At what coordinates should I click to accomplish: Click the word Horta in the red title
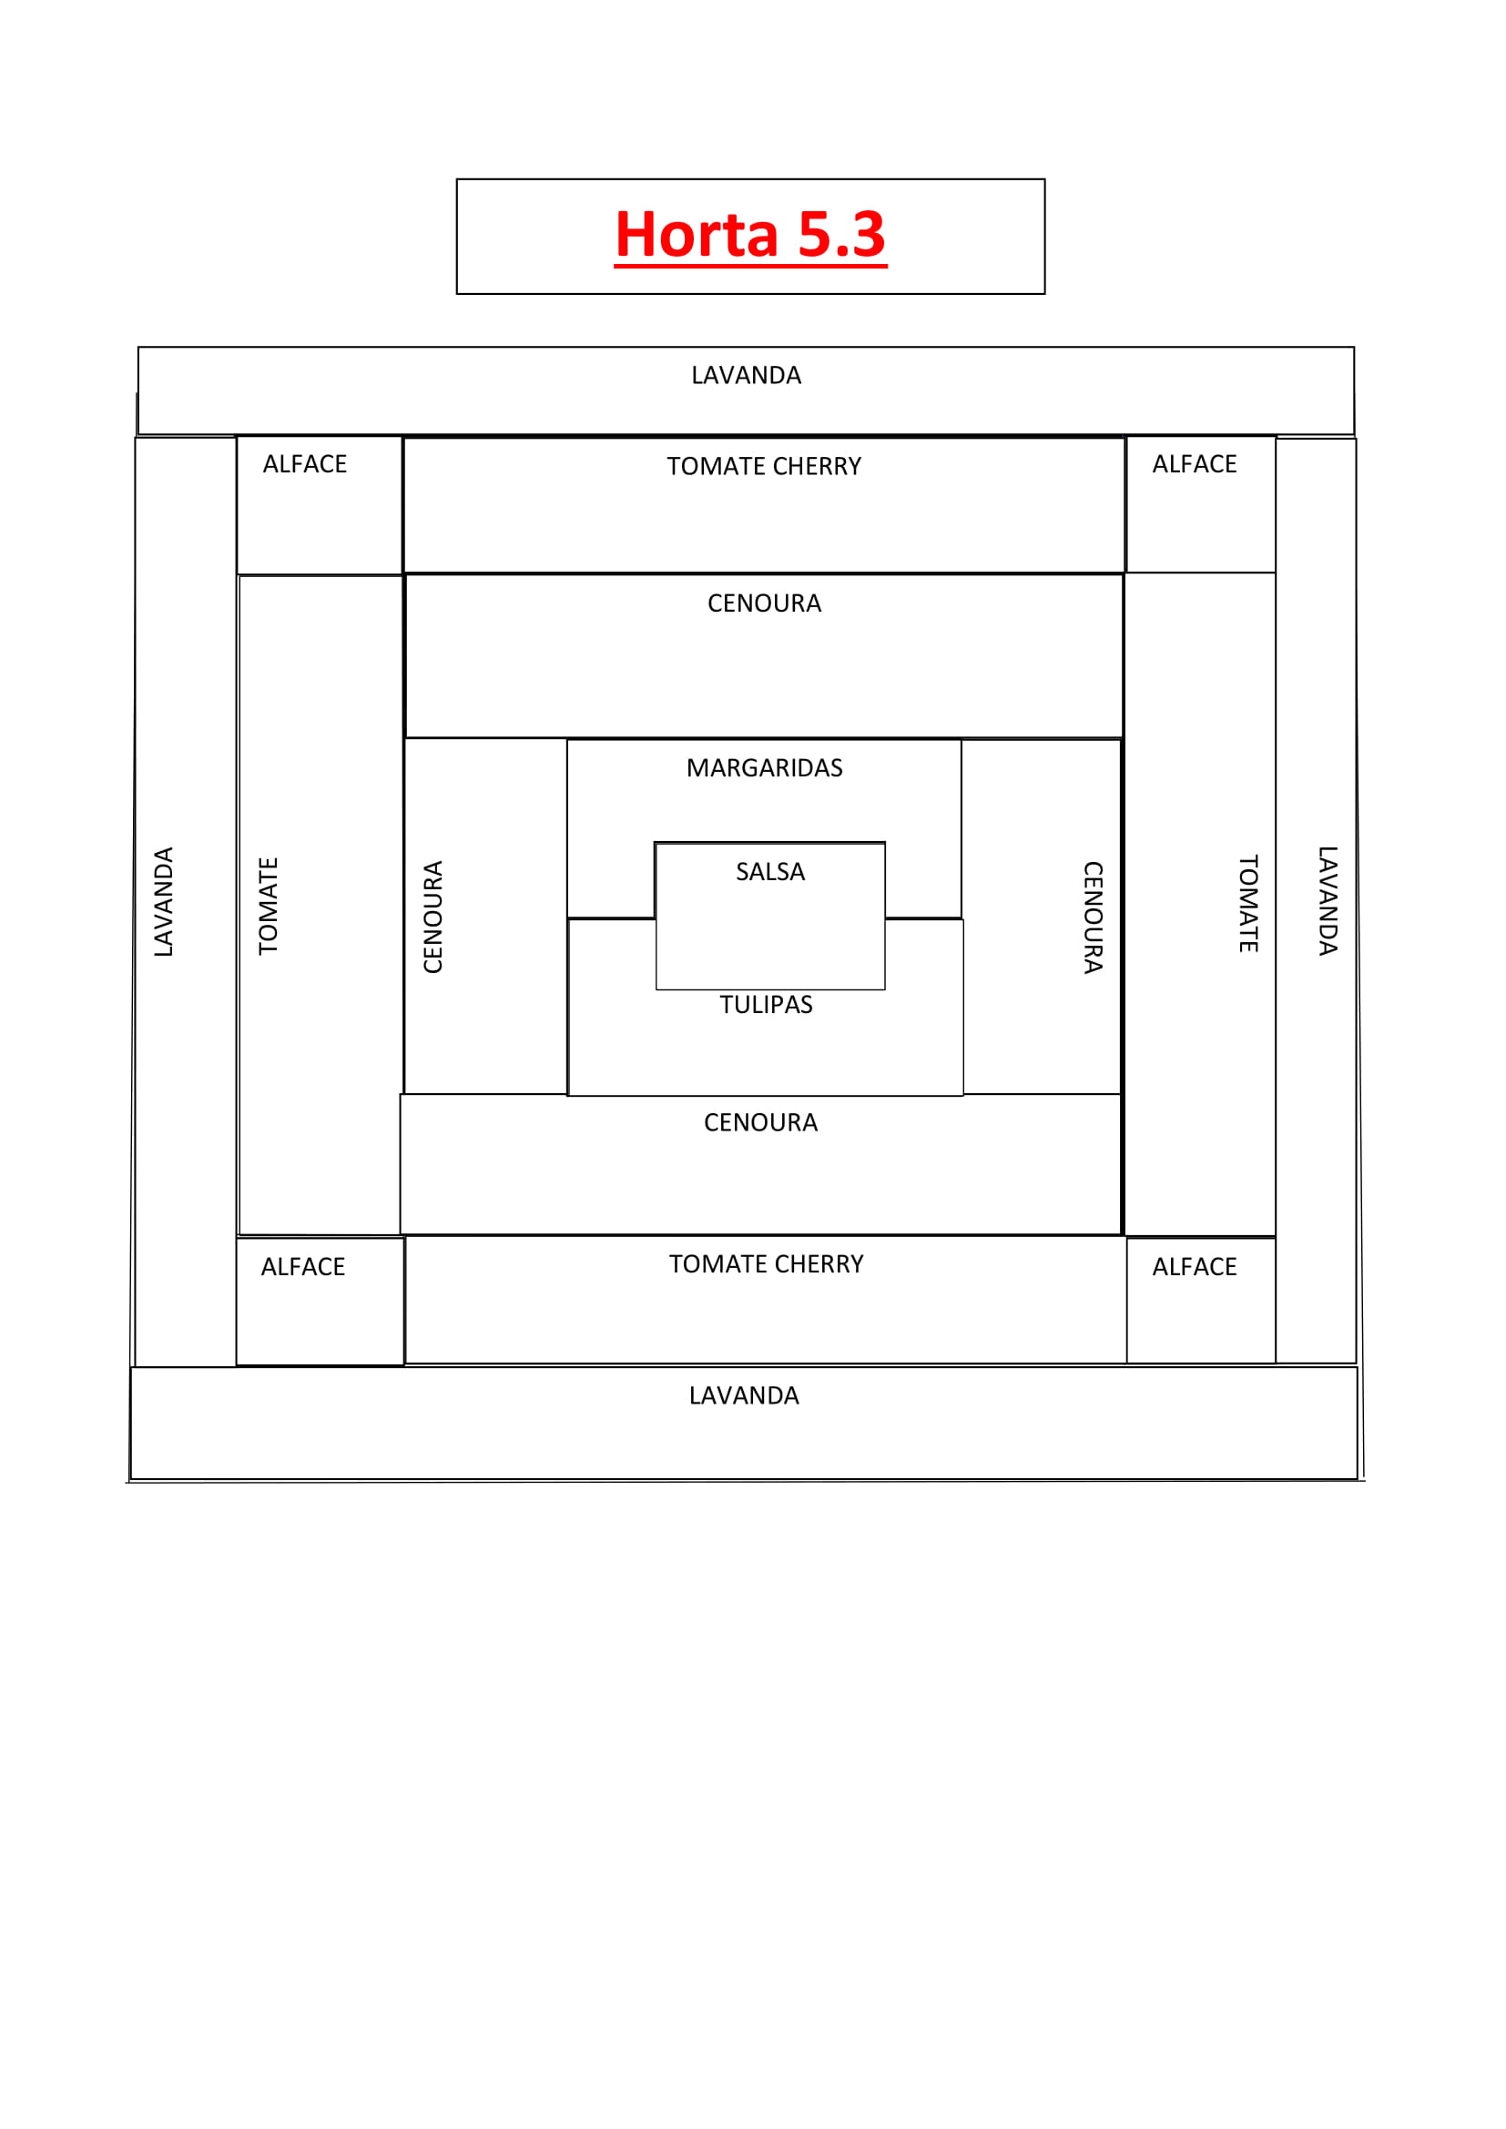click(697, 235)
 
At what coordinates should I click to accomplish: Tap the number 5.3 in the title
click(841, 235)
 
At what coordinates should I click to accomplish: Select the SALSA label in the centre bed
click(770, 873)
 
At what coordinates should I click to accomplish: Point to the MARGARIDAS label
click(765, 769)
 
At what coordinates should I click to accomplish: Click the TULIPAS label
click(766, 1005)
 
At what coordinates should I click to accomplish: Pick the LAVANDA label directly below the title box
click(747, 376)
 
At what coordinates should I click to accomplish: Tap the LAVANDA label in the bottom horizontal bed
click(744, 1396)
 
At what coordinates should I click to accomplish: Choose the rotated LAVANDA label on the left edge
click(164, 901)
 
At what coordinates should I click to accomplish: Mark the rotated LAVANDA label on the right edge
click(1328, 901)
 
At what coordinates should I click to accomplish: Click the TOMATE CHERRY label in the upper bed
click(764, 466)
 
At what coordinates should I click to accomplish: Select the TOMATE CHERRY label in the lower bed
click(767, 1265)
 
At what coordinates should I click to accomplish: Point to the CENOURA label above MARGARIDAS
click(765, 603)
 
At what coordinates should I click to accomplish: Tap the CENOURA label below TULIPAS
click(761, 1123)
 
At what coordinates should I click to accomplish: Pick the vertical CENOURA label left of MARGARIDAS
click(433, 917)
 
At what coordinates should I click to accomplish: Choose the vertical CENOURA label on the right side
click(1094, 918)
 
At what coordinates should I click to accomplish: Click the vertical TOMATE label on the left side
click(269, 906)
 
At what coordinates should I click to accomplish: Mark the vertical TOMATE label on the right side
click(1249, 904)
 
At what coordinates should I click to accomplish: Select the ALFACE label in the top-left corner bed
click(305, 464)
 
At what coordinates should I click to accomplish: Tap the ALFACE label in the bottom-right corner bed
click(1195, 1268)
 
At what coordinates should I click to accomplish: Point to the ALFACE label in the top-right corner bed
click(1195, 464)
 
